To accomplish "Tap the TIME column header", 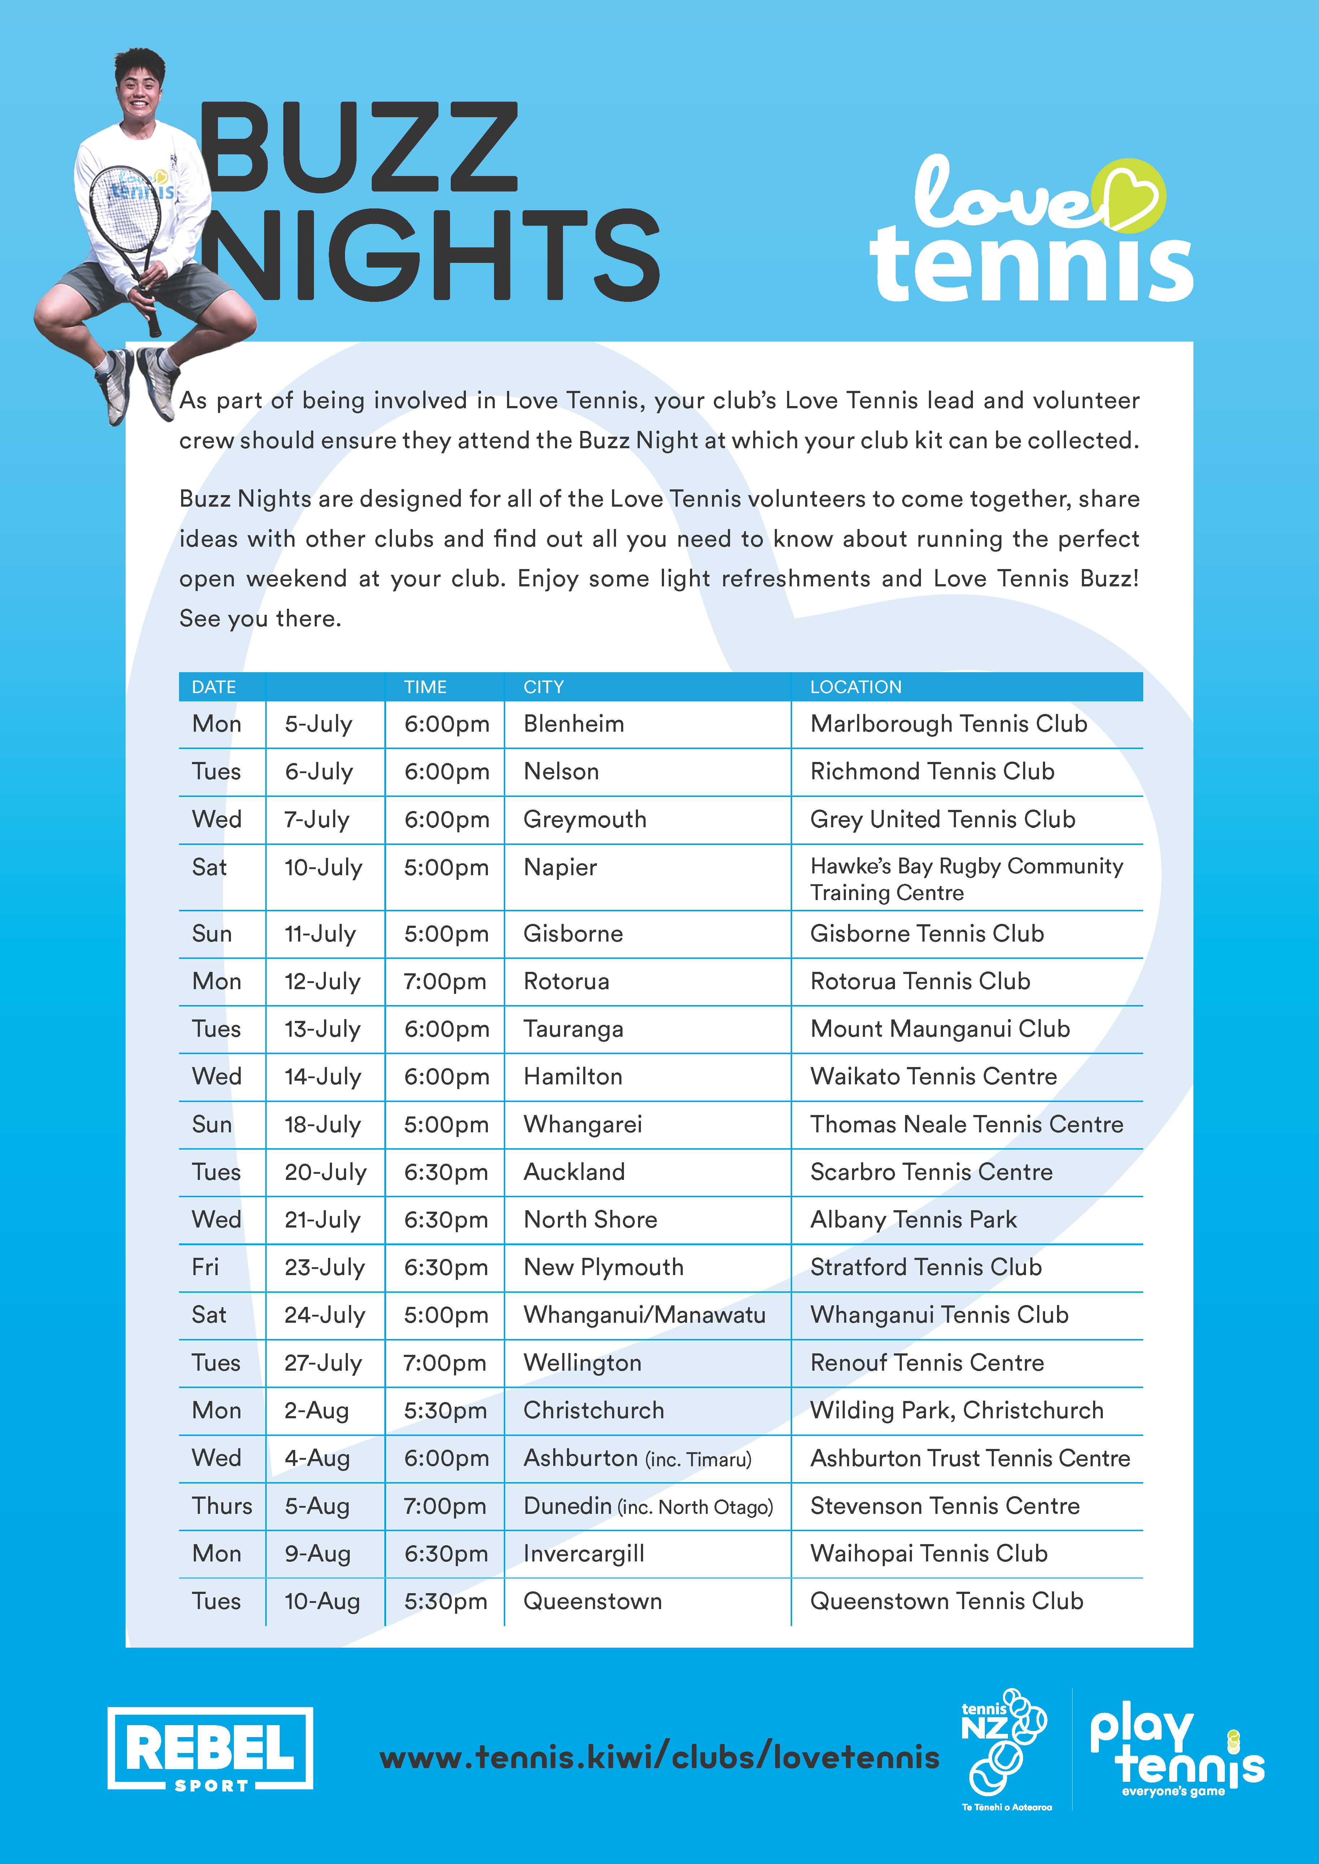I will point(425,687).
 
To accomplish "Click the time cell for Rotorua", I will point(445,982).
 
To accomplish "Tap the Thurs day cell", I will point(222,1506).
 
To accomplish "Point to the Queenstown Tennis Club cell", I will point(946,1601).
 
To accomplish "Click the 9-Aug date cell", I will point(318,1554).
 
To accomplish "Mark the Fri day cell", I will point(205,1267).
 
